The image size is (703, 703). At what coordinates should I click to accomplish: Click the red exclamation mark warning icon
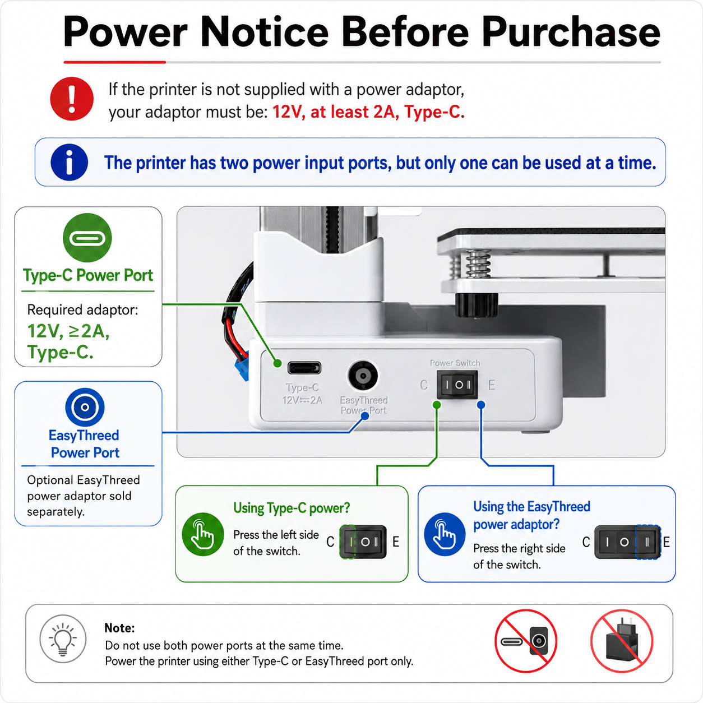72,99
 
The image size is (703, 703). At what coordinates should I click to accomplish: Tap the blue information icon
70,163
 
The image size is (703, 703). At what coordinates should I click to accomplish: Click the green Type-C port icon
87,238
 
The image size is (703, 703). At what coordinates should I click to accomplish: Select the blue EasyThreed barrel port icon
85,407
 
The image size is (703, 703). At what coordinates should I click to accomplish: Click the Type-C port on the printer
304,368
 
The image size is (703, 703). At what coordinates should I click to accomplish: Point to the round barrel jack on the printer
363,376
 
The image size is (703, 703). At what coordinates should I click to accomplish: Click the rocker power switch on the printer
457,385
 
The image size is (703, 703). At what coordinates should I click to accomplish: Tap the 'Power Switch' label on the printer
455,363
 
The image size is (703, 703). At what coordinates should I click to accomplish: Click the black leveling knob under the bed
477,304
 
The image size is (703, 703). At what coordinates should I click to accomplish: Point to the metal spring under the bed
478,263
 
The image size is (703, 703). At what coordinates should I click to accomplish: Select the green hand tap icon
203,534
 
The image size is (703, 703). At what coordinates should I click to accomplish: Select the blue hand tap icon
445,534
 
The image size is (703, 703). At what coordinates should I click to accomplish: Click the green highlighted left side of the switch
348,542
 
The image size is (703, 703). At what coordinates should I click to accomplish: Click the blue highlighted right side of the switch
648,542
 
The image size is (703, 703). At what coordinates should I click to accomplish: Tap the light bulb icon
63,639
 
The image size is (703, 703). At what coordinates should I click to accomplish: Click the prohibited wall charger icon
622,641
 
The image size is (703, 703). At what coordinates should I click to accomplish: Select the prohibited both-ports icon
526,641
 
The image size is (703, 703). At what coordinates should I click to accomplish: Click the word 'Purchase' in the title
571,33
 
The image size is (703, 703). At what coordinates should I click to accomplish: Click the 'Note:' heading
119,628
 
